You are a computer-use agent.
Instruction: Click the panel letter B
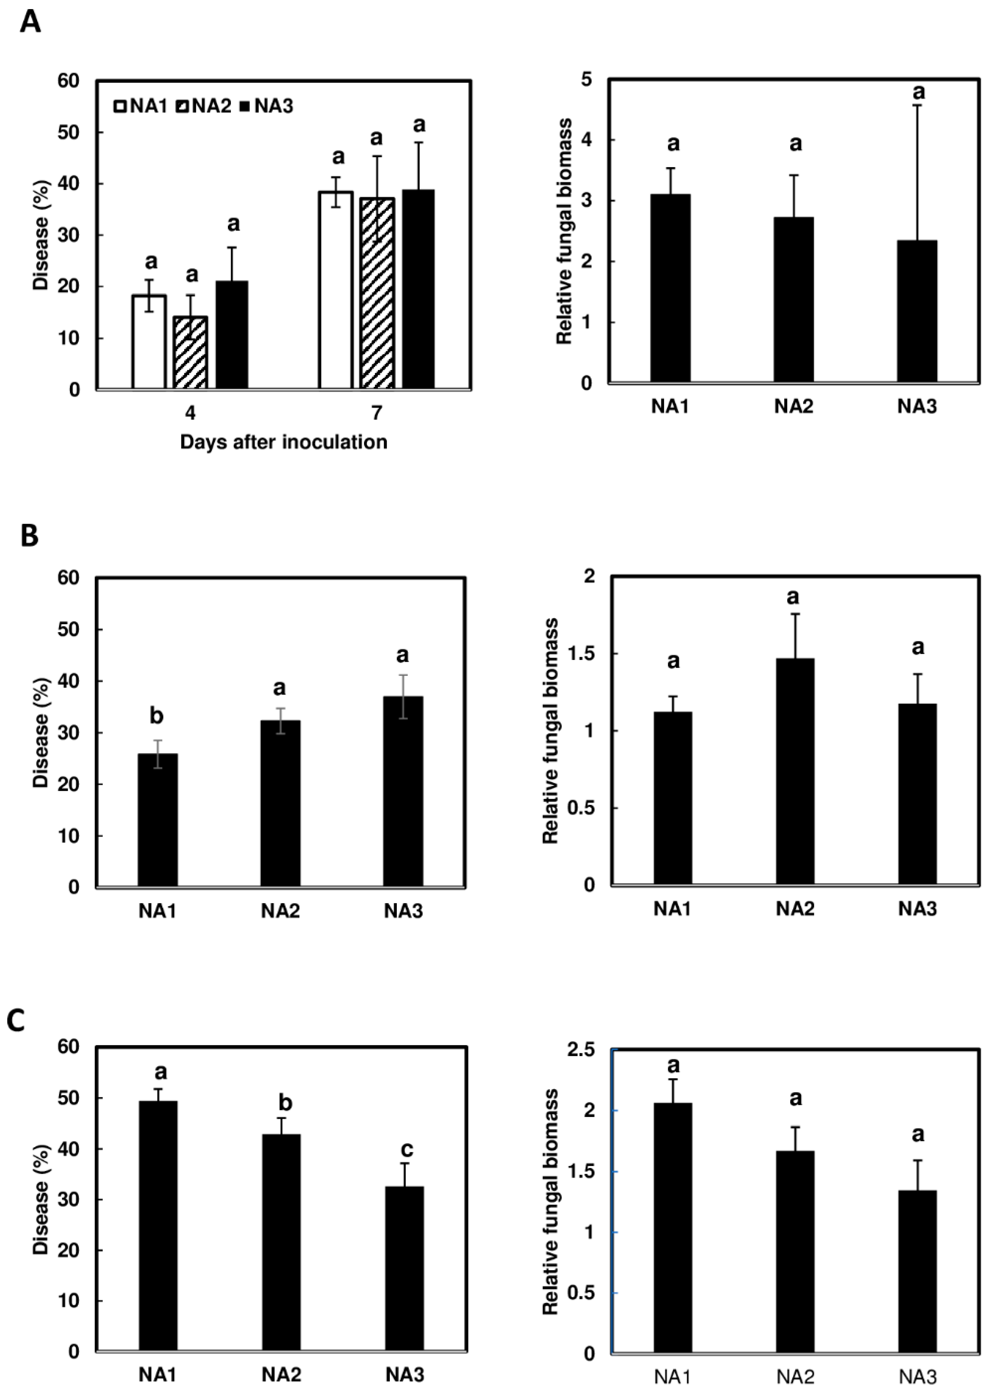[29, 537]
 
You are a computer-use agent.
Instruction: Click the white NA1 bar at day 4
[149, 342]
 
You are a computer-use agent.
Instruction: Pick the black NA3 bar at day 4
[232, 335]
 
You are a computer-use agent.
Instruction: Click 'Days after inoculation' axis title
[284, 442]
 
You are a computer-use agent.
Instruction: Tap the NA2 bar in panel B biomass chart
[795, 771]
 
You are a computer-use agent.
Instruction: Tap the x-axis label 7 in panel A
[377, 413]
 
